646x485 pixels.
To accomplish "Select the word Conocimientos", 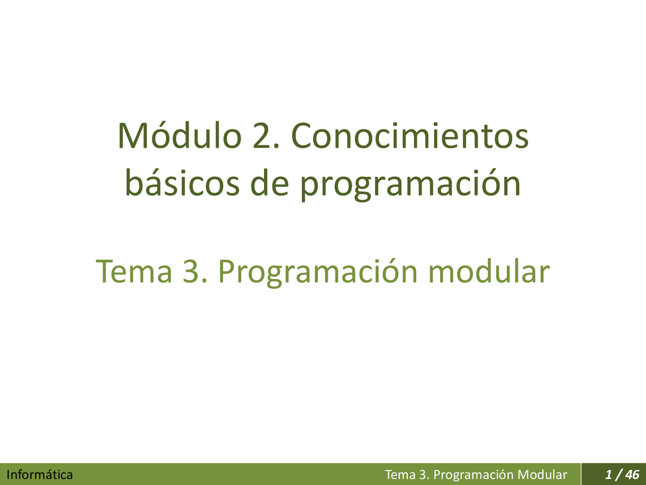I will pyautogui.click(x=410, y=136).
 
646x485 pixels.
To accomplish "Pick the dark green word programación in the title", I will pyautogui.click(x=410, y=184).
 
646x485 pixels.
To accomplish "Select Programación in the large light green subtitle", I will pyautogui.click(x=318, y=272).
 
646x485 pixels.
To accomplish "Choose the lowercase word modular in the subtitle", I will pyautogui.click(x=489, y=271).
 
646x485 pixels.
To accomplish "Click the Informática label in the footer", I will pyautogui.click(x=39, y=475).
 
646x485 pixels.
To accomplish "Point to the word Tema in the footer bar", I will pyautogui.click(x=400, y=475).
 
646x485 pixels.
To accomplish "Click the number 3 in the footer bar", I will pyautogui.click(x=423, y=475).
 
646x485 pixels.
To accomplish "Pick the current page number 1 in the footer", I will pyautogui.click(x=608, y=475).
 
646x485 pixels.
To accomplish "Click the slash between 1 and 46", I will pyautogui.click(x=618, y=475).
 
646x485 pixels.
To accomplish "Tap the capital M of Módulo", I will pyautogui.click(x=129, y=136).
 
